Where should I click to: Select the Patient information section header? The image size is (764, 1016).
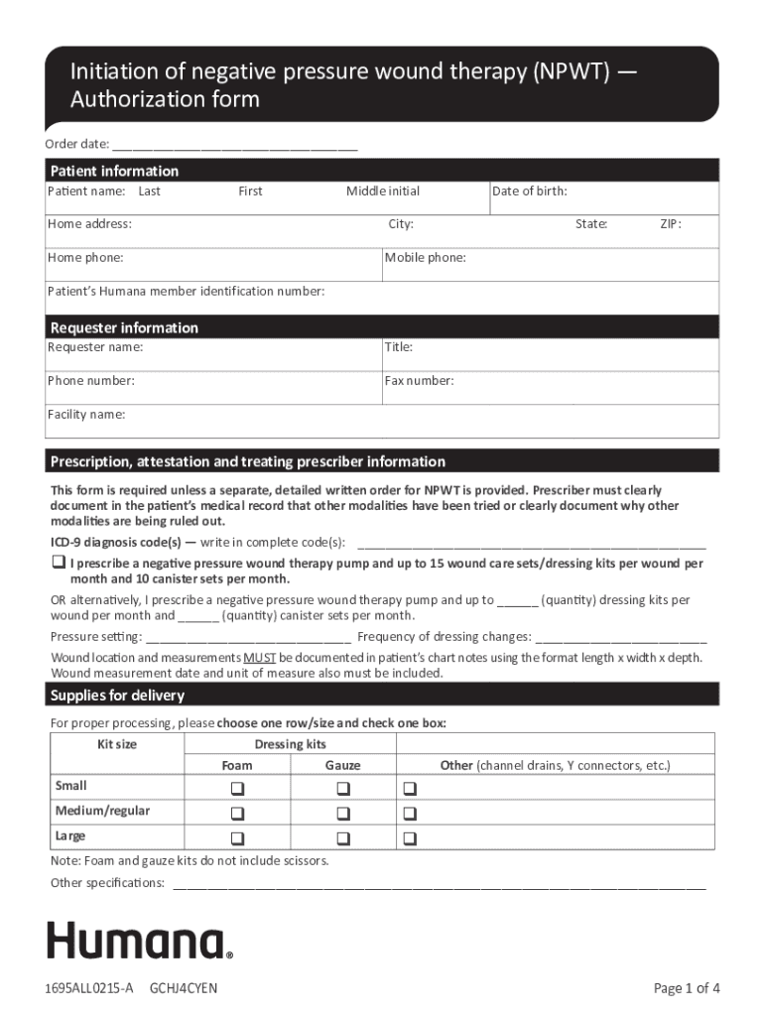click(x=114, y=171)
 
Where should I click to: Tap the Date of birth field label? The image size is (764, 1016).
click(x=530, y=191)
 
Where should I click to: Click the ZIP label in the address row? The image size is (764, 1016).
click(x=671, y=224)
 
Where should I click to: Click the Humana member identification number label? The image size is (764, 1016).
click(x=187, y=292)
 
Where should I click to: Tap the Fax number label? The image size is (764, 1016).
click(x=419, y=381)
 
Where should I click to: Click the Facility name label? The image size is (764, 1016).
click(x=86, y=415)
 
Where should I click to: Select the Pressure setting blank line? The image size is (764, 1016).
click(x=247, y=637)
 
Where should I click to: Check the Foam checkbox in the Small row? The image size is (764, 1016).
click(x=237, y=789)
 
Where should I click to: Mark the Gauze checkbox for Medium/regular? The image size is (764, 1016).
click(x=343, y=814)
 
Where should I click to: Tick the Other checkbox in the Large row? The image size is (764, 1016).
click(x=410, y=838)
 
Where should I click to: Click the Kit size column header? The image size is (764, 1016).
click(x=118, y=744)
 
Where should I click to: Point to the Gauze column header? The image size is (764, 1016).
click(x=343, y=766)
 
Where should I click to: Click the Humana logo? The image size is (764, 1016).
click(x=140, y=941)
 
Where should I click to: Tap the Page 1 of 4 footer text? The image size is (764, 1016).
click(x=687, y=988)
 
